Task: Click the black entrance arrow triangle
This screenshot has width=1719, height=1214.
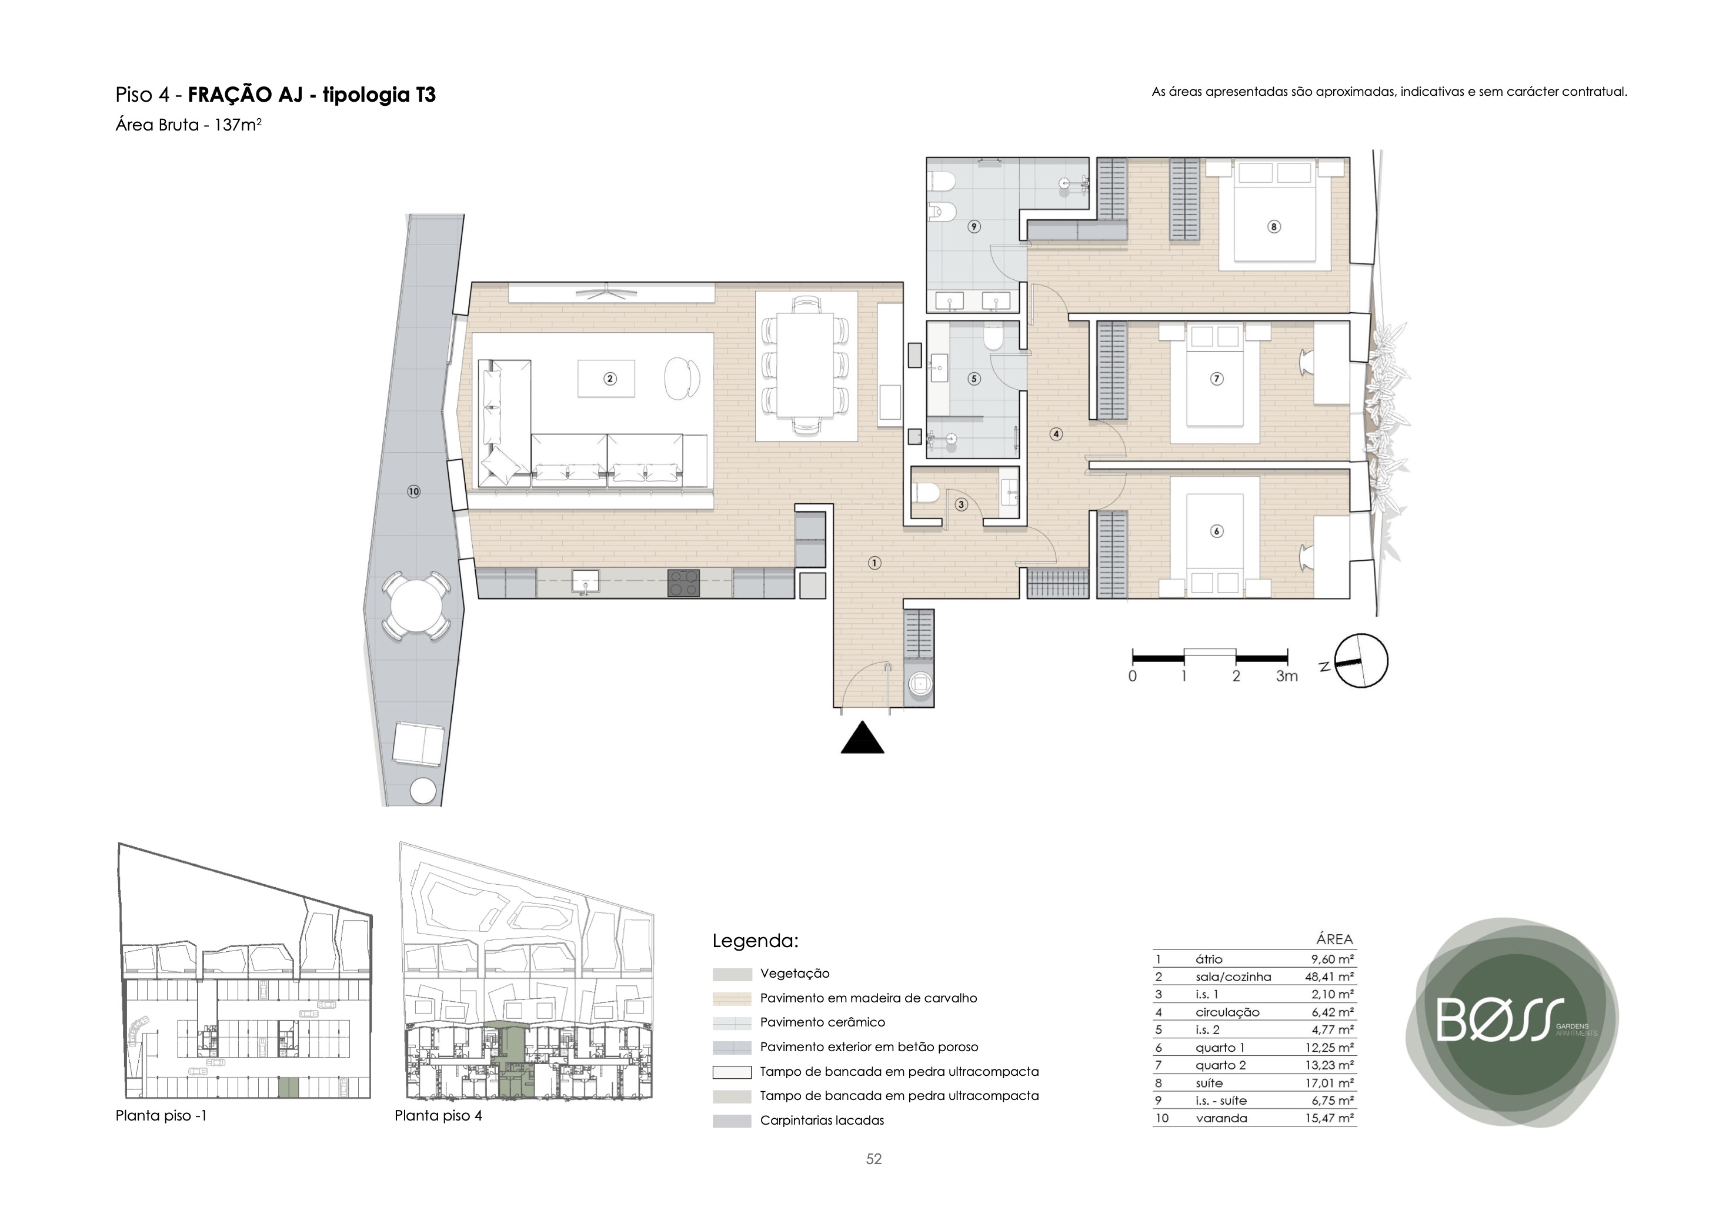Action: [x=863, y=737]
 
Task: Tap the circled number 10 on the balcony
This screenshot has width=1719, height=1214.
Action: [x=414, y=491]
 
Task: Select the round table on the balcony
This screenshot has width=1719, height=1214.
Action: [x=417, y=606]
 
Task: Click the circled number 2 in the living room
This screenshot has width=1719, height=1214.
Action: [x=610, y=379]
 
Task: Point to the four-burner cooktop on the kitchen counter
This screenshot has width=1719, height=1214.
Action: [x=683, y=583]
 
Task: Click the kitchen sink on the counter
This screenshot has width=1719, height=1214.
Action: [x=586, y=581]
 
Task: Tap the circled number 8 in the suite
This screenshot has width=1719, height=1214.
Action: [x=1274, y=227]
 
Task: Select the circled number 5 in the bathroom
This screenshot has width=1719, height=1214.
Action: [x=974, y=379]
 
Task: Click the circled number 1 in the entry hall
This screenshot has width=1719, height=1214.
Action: [x=874, y=563]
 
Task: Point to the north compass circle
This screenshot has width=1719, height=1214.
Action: [x=1361, y=661]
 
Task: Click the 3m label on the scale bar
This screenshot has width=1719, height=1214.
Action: [x=1287, y=677]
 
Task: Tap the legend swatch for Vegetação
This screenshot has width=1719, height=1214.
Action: [x=732, y=975]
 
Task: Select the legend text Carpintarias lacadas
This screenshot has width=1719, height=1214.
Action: [x=822, y=1121]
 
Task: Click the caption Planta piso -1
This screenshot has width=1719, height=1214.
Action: [x=161, y=1116]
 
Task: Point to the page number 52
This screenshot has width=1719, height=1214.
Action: [x=874, y=1159]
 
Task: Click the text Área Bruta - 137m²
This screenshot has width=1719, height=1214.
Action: [x=189, y=125]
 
